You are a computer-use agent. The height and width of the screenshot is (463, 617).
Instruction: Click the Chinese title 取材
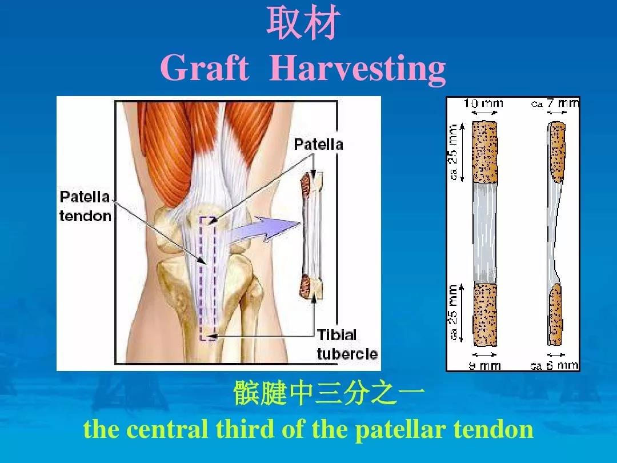tap(303, 23)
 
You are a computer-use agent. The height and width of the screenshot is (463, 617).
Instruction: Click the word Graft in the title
tap(205, 67)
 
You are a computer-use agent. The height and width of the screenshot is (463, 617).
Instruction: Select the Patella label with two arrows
tap(318, 144)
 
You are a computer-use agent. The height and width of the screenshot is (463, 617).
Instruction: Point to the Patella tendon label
tap(85, 206)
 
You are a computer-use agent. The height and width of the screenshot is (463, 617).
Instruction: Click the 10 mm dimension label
tap(483, 103)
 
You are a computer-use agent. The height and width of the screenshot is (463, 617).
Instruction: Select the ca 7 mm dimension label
tap(555, 103)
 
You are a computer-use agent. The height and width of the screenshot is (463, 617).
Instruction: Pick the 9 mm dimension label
tap(485, 366)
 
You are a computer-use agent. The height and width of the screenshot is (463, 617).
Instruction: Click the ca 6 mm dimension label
tap(554, 366)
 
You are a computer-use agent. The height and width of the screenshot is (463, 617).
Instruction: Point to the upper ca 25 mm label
tap(453, 152)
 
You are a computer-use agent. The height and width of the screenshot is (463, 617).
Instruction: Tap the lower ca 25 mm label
tap(453, 313)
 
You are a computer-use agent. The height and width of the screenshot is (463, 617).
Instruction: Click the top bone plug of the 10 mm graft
tap(484, 151)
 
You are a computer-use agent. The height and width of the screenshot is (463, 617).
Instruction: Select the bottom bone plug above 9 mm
tap(485, 314)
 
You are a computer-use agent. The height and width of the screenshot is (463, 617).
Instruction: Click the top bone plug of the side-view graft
tap(557, 152)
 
